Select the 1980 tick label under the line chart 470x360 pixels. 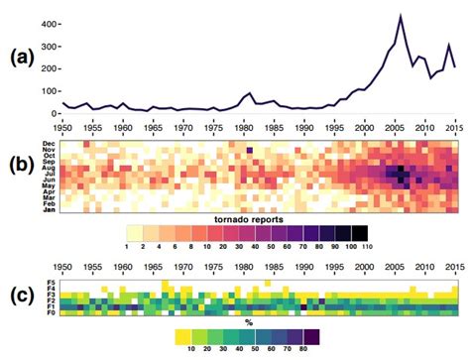246,128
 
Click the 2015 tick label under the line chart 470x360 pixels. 452,128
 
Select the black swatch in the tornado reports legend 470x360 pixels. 364,232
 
